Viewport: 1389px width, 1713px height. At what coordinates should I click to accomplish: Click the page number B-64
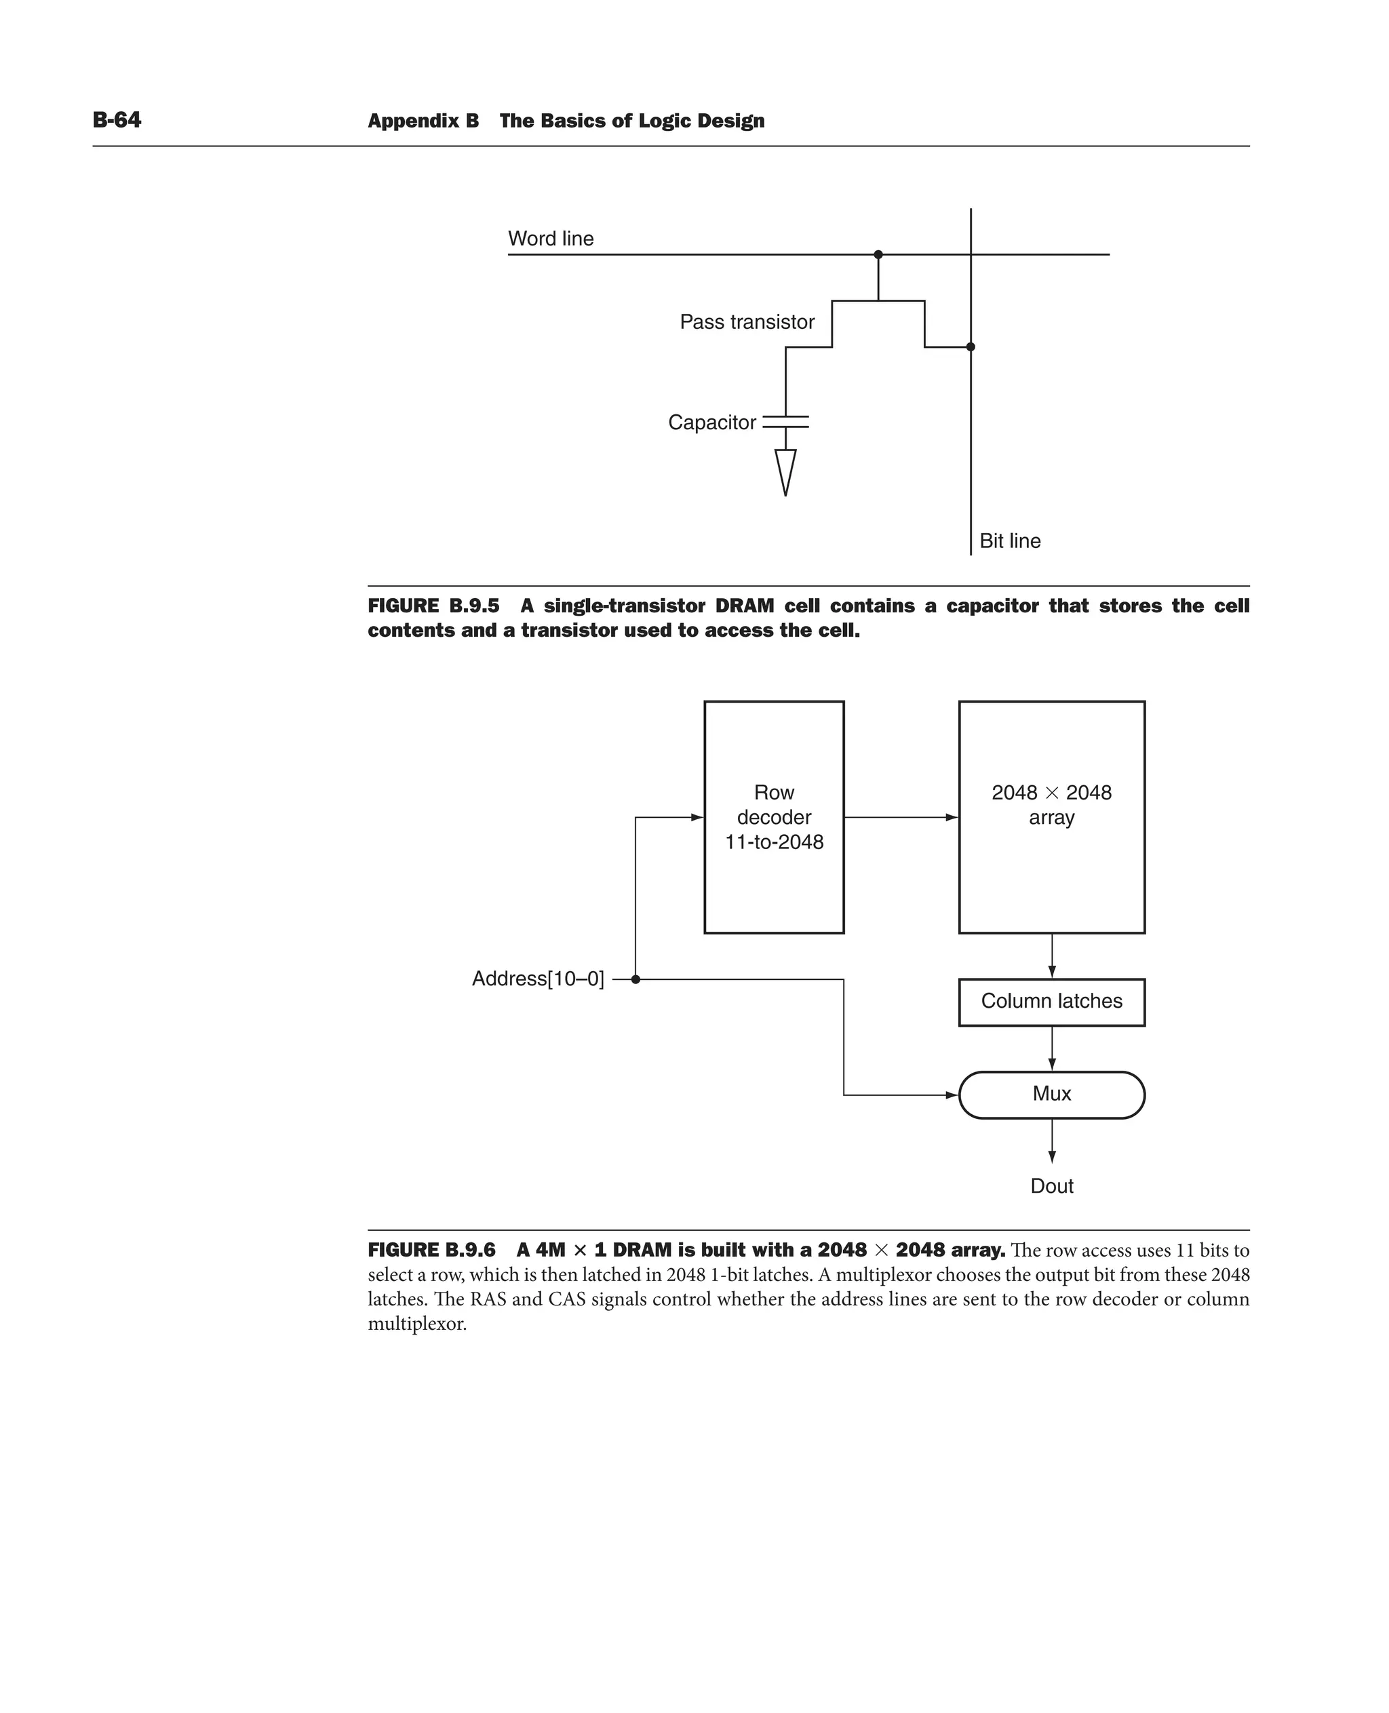(117, 120)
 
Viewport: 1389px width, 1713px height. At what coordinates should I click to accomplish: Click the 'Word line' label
(551, 239)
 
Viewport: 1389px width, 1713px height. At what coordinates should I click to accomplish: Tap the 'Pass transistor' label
(747, 321)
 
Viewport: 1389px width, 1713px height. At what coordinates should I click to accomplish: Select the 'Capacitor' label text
(711, 422)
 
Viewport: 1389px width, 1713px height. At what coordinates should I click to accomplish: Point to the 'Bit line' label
(1010, 541)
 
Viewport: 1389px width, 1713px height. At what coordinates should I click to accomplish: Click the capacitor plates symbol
(785, 422)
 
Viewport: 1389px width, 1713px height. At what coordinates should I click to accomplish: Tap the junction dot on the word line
(878, 254)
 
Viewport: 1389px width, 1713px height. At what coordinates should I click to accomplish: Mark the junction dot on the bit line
(971, 347)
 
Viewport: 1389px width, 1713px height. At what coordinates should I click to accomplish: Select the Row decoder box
(774, 817)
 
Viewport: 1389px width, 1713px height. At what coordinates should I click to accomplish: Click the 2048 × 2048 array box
(1051, 817)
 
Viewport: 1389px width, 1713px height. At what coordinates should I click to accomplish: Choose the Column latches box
(1051, 1002)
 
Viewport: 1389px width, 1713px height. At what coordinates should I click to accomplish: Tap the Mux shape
(1051, 1095)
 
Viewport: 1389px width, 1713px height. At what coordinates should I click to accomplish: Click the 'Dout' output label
(1051, 1185)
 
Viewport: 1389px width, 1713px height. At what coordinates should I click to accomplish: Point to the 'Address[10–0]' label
(538, 979)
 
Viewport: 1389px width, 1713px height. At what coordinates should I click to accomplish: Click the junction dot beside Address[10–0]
(635, 979)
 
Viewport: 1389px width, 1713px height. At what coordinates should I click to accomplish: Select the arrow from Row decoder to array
(901, 818)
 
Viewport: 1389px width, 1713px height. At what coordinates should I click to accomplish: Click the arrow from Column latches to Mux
(1051, 1048)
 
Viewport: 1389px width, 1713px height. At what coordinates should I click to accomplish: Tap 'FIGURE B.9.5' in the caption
(433, 606)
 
